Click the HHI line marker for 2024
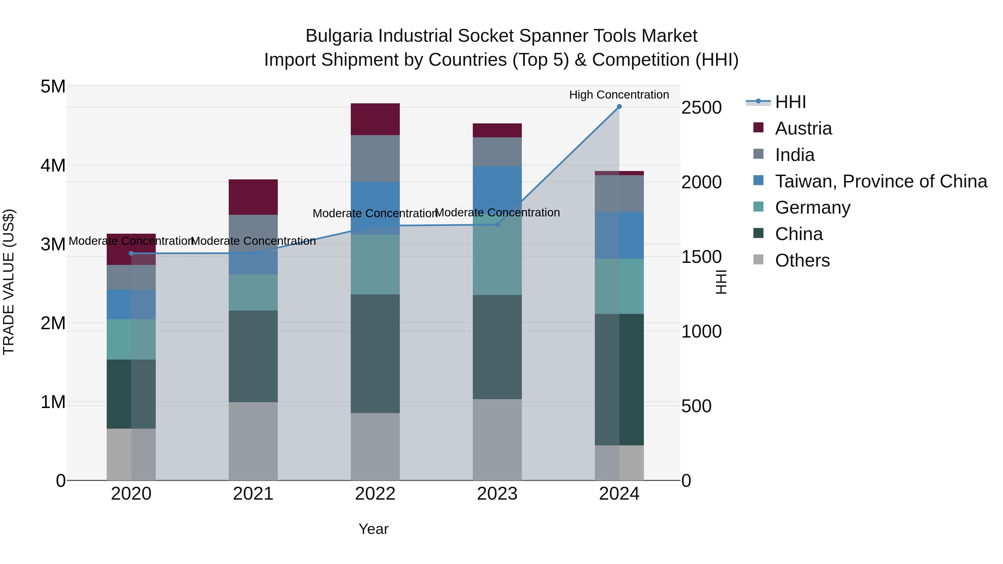[619, 107]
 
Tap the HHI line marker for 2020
[131, 253]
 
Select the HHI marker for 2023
[497, 224]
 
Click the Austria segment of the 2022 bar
[375, 119]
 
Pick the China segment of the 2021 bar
[253, 356]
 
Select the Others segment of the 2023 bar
[497, 440]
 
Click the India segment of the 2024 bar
[619, 194]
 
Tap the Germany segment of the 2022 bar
[375, 265]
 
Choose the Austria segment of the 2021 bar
[253, 197]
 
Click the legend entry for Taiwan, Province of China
[881, 181]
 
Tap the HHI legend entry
[790, 102]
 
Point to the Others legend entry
[802, 260]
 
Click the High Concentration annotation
[619, 95]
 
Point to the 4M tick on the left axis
[53, 165]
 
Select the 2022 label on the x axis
[375, 494]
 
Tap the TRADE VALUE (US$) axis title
[9, 282]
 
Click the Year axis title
[373, 529]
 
